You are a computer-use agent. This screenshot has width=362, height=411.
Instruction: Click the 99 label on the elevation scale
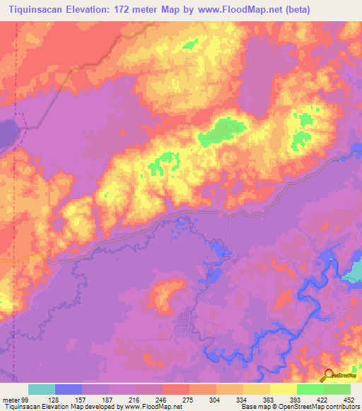pyautogui.click(x=25, y=399)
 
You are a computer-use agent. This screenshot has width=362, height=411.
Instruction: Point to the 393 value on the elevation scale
pyautogui.click(x=296, y=399)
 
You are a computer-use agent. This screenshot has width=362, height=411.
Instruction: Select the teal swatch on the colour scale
pyautogui.click(x=42, y=389)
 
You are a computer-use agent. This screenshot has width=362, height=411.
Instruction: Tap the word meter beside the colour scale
pyautogui.click(x=11, y=399)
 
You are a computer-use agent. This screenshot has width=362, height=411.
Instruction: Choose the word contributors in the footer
pyautogui.click(x=342, y=407)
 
